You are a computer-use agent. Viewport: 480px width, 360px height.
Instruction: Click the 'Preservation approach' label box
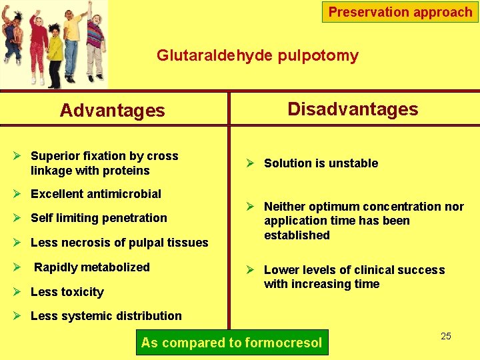tap(400, 12)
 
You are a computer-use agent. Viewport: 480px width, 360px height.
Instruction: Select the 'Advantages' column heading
tap(112, 110)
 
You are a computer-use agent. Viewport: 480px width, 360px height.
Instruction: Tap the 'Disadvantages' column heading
tap(353, 109)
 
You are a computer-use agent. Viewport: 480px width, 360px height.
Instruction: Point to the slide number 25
tap(446, 336)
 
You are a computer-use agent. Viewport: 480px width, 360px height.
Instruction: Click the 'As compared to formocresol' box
tap(231, 343)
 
